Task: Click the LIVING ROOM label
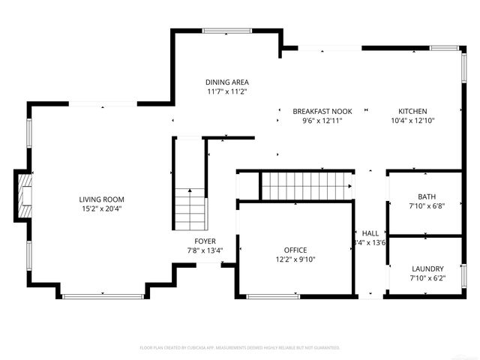pos(100,199)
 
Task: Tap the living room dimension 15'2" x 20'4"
pos(100,208)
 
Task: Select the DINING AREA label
pos(227,82)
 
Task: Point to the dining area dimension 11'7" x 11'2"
pos(227,91)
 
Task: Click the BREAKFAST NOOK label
pos(322,111)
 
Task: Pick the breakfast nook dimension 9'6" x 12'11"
pos(322,121)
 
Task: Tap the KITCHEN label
pos(412,111)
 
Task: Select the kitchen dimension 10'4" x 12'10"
pos(412,121)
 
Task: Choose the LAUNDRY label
pos(427,268)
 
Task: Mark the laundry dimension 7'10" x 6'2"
pos(427,278)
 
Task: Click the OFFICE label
pos(295,250)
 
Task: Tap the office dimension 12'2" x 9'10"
pos(295,259)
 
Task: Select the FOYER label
pos(205,241)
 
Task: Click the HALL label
pos(370,232)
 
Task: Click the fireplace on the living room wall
pos(24,196)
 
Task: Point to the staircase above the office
pos(306,184)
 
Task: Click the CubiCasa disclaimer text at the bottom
pos(240,348)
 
